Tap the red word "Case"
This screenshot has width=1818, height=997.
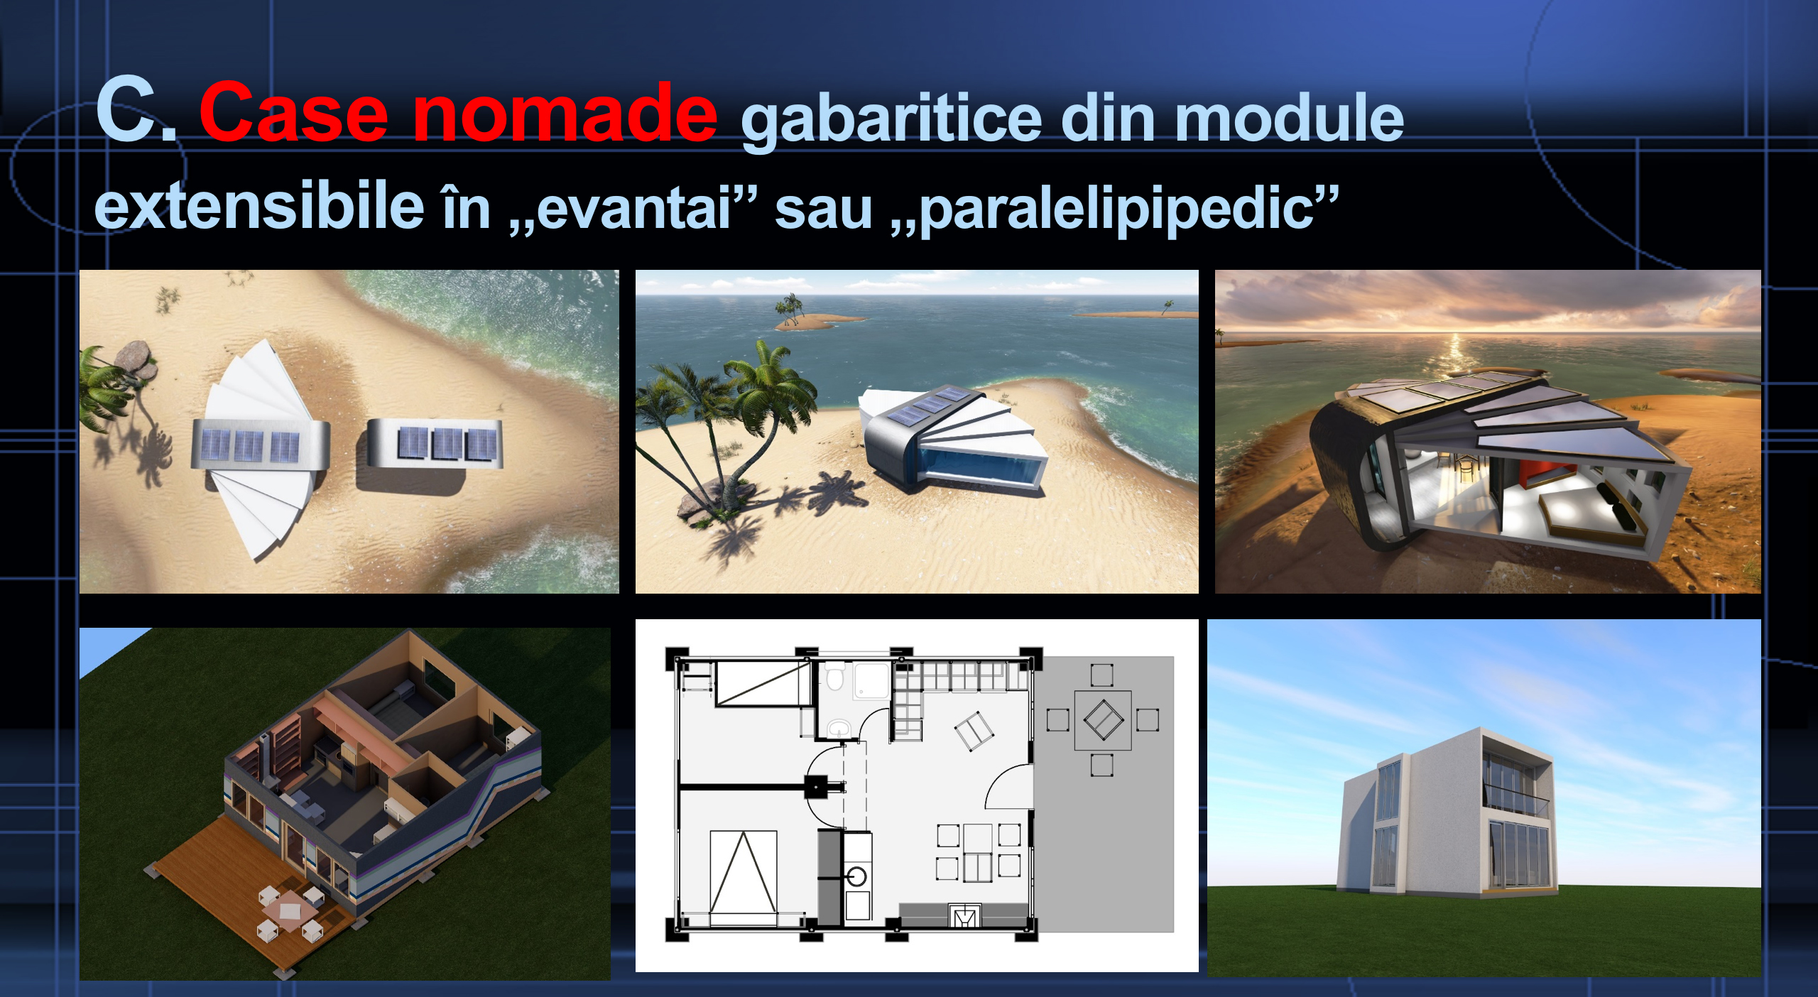(x=293, y=112)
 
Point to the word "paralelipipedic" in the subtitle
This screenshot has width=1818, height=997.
(x=1115, y=209)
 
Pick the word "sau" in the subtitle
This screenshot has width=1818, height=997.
(x=823, y=211)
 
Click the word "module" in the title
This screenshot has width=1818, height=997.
(x=1290, y=118)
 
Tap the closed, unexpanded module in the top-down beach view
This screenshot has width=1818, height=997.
(x=434, y=445)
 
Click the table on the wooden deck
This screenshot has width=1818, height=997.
(x=289, y=910)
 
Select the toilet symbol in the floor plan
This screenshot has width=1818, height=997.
(x=835, y=677)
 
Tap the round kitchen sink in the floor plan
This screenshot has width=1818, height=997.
(x=858, y=876)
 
